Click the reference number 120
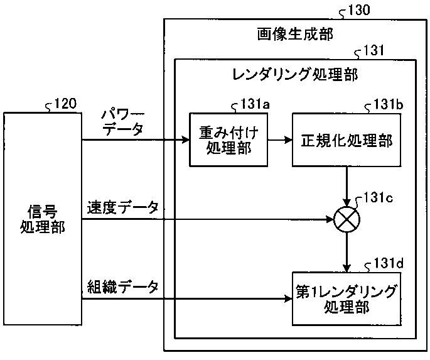click(65, 104)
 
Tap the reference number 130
click(358, 10)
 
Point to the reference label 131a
click(255, 104)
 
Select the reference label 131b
click(389, 104)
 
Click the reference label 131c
click(378, 197)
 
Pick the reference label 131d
click(389, 263)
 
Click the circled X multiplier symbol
click(347, 219)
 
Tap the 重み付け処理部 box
click(228, 140)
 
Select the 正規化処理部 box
click(347, 140)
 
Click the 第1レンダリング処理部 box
click(347, 299)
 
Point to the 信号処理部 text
click(43, 219)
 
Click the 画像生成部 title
click(295, 35)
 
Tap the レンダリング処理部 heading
click(295, 74)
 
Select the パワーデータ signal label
click(122, 123)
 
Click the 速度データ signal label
click(122, 207)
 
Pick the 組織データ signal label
click(122, 287)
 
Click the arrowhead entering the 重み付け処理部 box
click(186, 140)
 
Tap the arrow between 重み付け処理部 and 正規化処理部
click(280, 140)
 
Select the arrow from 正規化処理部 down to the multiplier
click(347, 187)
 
